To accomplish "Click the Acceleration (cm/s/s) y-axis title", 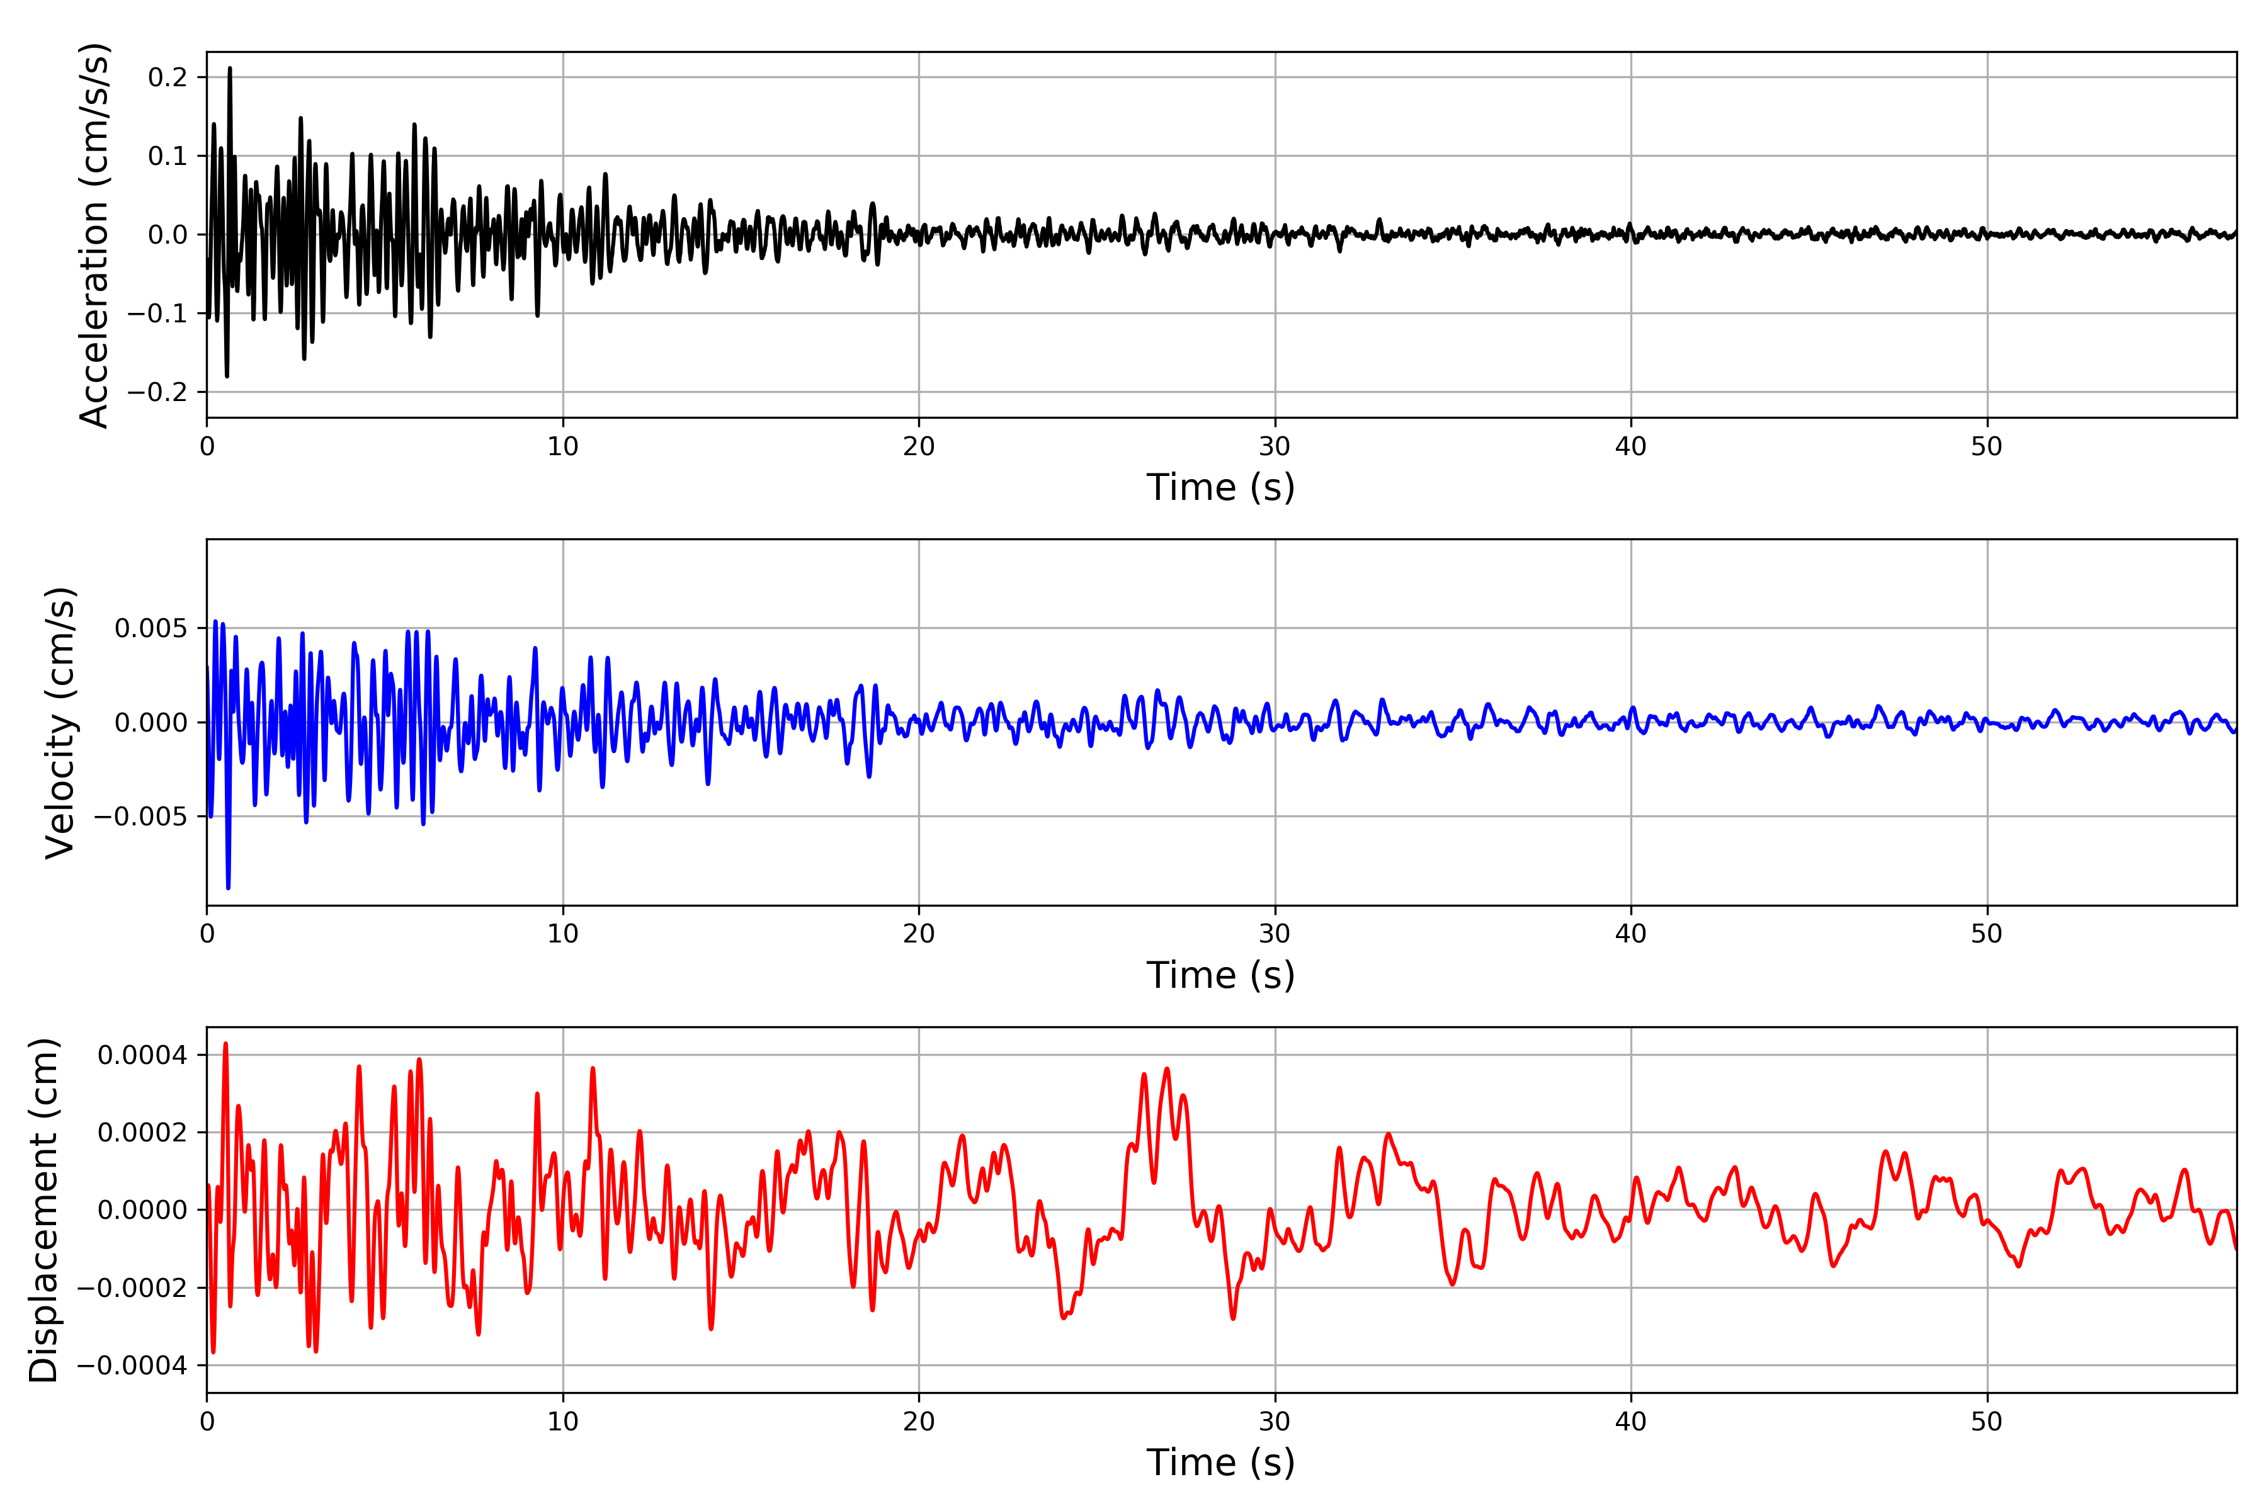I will pos(94,235).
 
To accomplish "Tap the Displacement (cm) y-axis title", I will pos(44,1209).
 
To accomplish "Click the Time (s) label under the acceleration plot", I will pos(1220,487).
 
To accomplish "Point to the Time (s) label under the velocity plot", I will pos(1220,975).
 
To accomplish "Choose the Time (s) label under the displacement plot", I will pos(1220,1463).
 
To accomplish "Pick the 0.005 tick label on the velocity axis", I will pos(151,628).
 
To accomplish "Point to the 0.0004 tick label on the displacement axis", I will pos(143,1055).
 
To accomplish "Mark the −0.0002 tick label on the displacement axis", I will pos(132,1288).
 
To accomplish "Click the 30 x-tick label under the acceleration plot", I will pos(1274,447).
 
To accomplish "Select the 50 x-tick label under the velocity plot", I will pos(1987,934).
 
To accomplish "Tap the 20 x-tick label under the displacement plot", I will pos(919,1422).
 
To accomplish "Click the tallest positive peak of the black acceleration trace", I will pos(229,69).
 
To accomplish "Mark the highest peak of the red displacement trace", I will pos(225,1044).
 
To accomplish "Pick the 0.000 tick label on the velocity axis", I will pos(151,723).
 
